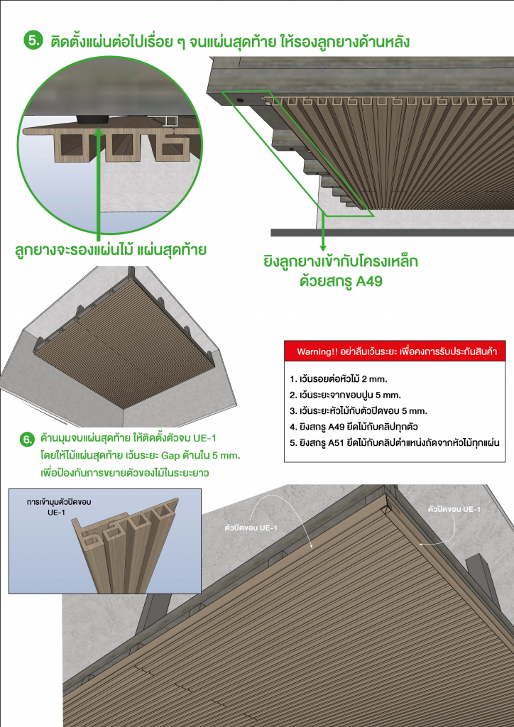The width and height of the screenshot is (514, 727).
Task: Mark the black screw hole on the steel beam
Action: (x=240, y=101)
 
